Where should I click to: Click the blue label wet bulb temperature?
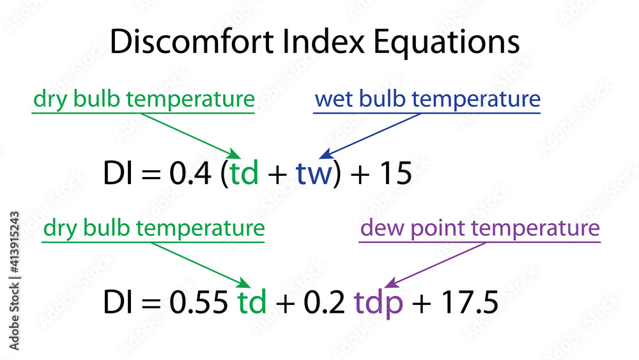coord(428,99)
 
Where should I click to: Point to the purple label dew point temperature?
coord(480,228)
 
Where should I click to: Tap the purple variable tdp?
coord(378,303)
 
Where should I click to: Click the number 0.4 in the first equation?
coord(190,173)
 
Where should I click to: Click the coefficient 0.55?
coord(199,302)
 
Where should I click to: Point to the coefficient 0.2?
coord(325,302)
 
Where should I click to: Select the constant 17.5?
coord(470,302)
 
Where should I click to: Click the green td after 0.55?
coord(252,302)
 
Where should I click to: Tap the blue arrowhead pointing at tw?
coord(326,155)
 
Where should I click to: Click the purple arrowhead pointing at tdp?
coord(391,283)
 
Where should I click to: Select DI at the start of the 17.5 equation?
coord(118,302)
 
